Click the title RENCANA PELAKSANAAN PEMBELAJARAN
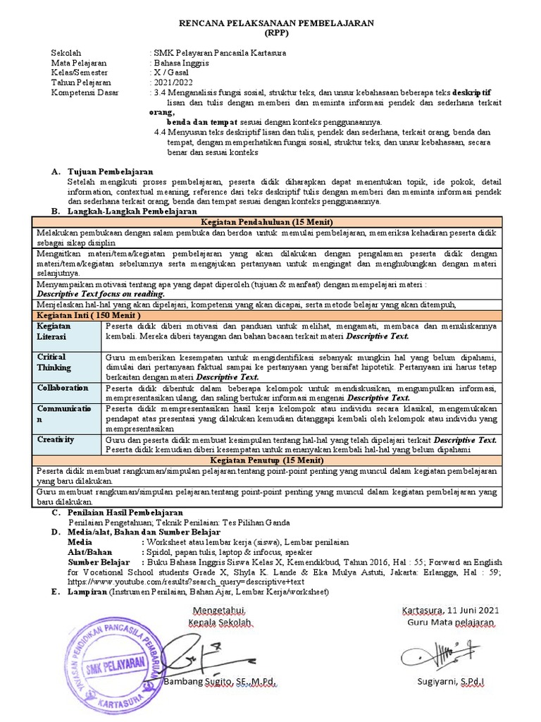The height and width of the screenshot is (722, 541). [x=270, y=23]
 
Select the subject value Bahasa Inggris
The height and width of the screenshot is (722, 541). [x=182, y=63]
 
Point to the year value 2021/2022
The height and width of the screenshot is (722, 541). [x=173, y=83]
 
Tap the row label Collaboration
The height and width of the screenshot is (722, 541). [x=63, y=388]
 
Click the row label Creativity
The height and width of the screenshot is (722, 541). [x=56, y=439]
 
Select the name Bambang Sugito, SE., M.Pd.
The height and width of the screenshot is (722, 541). [x=218, y=683]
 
